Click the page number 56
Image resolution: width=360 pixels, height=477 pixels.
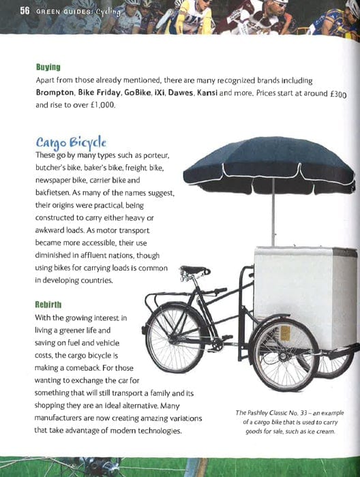pyautogui.click(x=12, y=11)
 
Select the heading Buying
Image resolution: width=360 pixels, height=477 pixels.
pyautogui.click(x=48, y=67)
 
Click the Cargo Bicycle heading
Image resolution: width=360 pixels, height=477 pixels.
pyautogui.click(x=72, y=142)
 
